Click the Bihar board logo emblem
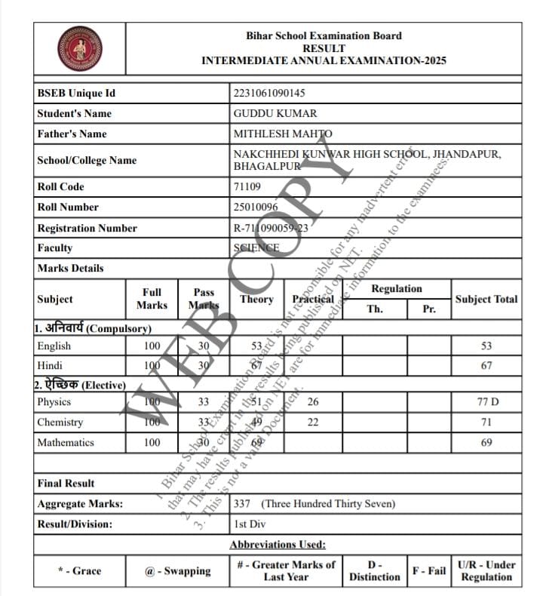(x=80, y=48)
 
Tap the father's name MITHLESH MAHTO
(x=283, y=134)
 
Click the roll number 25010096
(x=256, y=207)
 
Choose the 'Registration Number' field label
(x=87, y=228)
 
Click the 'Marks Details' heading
(x=70, y=268)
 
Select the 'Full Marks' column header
(x=152, y=299)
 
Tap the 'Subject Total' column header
(x=486, y=299)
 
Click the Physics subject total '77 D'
(x=487, y=402)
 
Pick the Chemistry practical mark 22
(x=313, y=422)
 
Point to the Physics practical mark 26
(x=313, y=402)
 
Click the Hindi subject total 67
(x=486, y=366)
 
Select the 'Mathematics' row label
(x=66, y=442)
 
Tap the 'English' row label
(x=54, y=346)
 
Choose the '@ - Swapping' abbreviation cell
(x=178, y=571)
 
